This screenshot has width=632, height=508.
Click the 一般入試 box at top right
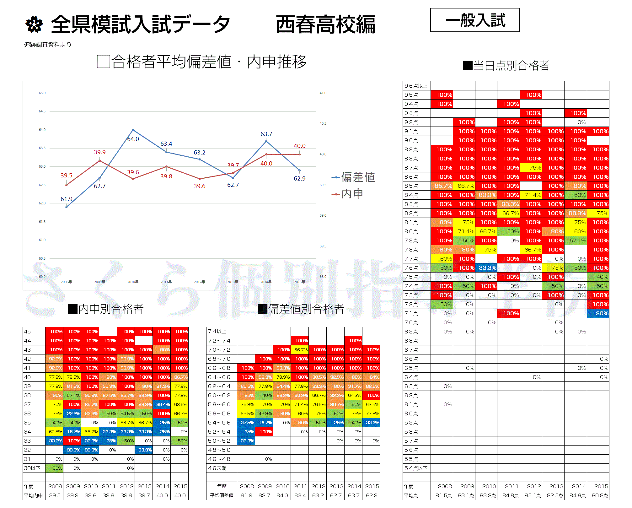click(475, 20)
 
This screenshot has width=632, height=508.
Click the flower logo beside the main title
click(34, 24)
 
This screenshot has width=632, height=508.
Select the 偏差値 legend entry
click(353, 177)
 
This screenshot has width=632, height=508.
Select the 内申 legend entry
click(348, 194)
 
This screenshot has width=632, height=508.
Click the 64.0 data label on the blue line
click(133, 139)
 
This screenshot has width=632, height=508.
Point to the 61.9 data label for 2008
click(67, 199)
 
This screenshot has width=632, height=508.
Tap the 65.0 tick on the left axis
click(42, 93)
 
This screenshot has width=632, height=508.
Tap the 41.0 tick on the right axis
click(323, 93)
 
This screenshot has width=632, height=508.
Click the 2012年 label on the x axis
click(199, 282)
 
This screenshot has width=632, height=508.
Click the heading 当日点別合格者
click(506, 66)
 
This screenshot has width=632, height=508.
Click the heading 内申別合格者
click(106, 309)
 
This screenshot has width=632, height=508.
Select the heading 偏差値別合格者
click(301, 309)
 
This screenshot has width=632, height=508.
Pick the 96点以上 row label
click(416, 86)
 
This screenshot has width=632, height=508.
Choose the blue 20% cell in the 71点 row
click(598, 313)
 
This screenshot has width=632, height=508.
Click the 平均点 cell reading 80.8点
click(598, 495)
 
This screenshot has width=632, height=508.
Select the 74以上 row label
click(217, 331)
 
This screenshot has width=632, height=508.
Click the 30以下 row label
click(32, 468)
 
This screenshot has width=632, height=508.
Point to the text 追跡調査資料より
click(48, 45)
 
